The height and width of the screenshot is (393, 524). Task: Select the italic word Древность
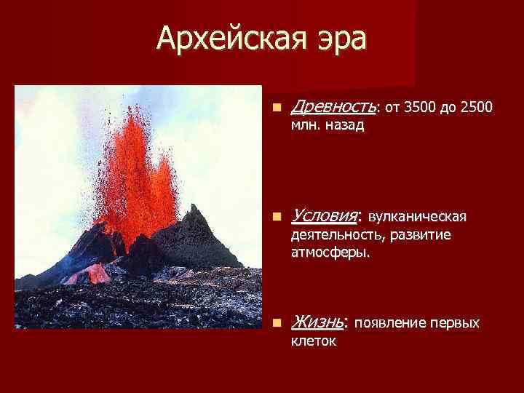[333, 108]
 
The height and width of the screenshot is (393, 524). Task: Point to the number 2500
[478, 108]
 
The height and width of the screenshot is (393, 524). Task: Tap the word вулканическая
[418, 217]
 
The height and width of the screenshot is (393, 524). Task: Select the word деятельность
[336, 235]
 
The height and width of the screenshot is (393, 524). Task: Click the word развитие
[420, 235]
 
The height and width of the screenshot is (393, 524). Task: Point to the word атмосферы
[330, 253]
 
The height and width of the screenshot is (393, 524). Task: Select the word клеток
[313, 340]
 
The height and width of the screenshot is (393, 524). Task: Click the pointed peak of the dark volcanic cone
[194, 207]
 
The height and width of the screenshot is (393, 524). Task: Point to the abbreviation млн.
[303, 126]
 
